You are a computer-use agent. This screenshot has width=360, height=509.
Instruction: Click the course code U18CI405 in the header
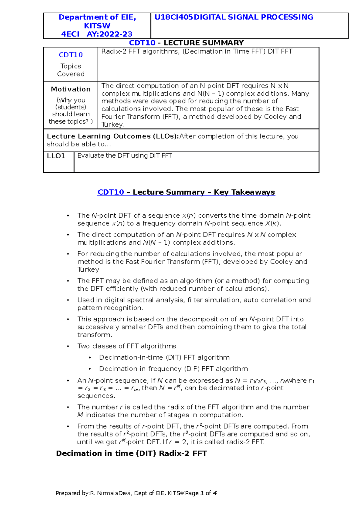[173, 17]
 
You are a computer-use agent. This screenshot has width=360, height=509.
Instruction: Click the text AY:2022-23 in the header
[109, 34]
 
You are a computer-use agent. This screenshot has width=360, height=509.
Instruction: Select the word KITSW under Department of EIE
[97, 26]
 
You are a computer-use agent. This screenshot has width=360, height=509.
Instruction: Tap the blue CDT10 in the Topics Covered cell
[70, 55]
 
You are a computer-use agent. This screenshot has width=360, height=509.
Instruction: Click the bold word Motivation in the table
[70, 89]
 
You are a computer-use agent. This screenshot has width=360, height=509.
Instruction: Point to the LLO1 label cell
[56, 156]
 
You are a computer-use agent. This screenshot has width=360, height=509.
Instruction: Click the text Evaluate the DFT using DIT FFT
[124, 156]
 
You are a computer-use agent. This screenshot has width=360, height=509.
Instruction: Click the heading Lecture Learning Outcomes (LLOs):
[113, 136]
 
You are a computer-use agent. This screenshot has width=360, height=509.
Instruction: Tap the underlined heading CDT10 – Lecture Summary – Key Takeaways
[186, 192]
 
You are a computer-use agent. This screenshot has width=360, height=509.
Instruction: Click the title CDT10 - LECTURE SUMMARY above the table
[186, 43]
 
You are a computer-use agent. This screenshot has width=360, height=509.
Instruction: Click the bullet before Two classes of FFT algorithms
[68, 347]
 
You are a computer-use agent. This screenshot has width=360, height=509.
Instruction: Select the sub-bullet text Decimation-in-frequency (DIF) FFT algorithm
[173, 369]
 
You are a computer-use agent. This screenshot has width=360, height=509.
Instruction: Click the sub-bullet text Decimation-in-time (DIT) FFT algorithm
[164, 357]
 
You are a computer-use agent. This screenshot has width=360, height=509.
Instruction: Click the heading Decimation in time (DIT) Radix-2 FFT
[131, 453]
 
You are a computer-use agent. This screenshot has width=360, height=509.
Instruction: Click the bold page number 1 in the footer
[202, 493]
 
